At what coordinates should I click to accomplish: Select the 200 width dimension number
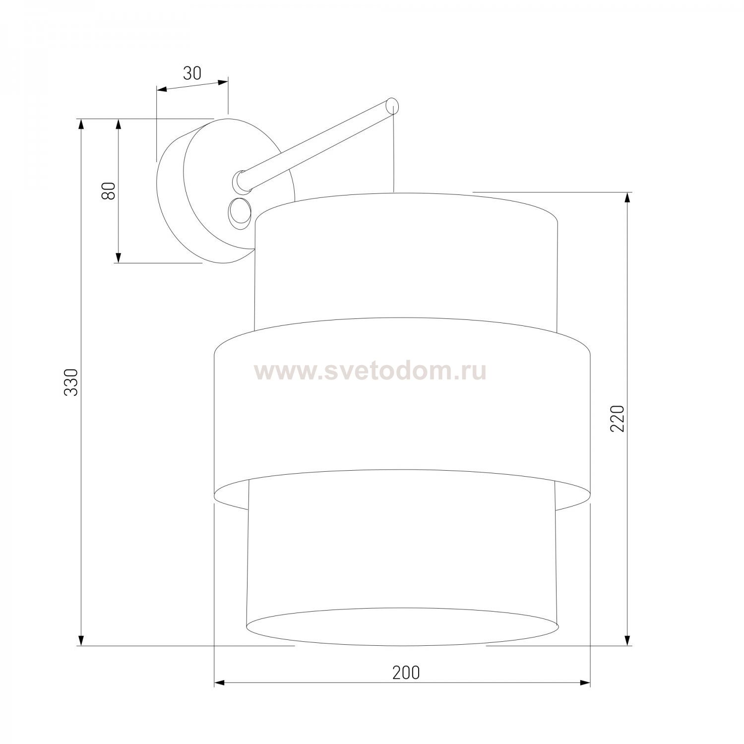pyautogui.click(x=406, y=673)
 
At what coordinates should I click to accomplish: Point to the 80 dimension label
pyautogui.click(x=109, y=190)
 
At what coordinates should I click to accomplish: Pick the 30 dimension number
pyautogui.click(x=192, y=73)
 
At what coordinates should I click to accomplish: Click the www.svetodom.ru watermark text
pyautogui.click(x=370, y=371)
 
